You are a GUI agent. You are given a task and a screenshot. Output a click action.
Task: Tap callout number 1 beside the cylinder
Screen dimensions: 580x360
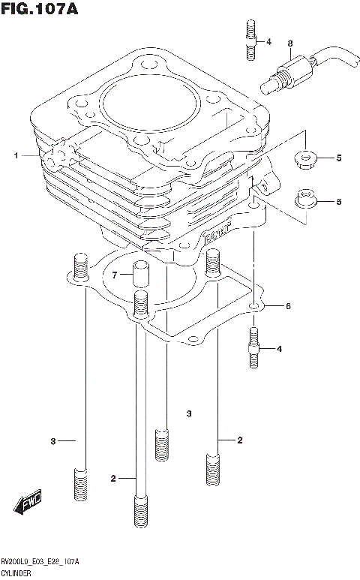coord(15,156)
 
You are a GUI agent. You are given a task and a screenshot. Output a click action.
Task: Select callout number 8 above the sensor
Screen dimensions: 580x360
coord(290,44)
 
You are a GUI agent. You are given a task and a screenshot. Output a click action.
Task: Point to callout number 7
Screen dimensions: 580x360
coord(115,275)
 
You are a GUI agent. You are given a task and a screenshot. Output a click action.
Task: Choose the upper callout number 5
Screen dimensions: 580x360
coord(338,158)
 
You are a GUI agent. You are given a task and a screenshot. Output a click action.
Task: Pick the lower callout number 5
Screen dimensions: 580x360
coord(338,201)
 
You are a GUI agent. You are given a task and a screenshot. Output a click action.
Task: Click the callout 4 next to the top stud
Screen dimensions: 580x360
coord(268,42)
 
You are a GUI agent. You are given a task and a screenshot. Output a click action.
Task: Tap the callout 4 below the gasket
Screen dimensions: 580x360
coord(279,349)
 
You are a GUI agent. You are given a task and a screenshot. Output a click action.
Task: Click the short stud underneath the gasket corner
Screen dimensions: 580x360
coord(253,348)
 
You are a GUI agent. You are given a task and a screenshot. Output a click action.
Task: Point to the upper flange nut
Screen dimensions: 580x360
coord(306,158)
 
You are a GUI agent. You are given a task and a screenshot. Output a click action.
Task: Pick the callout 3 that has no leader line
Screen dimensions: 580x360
coord(190,413)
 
